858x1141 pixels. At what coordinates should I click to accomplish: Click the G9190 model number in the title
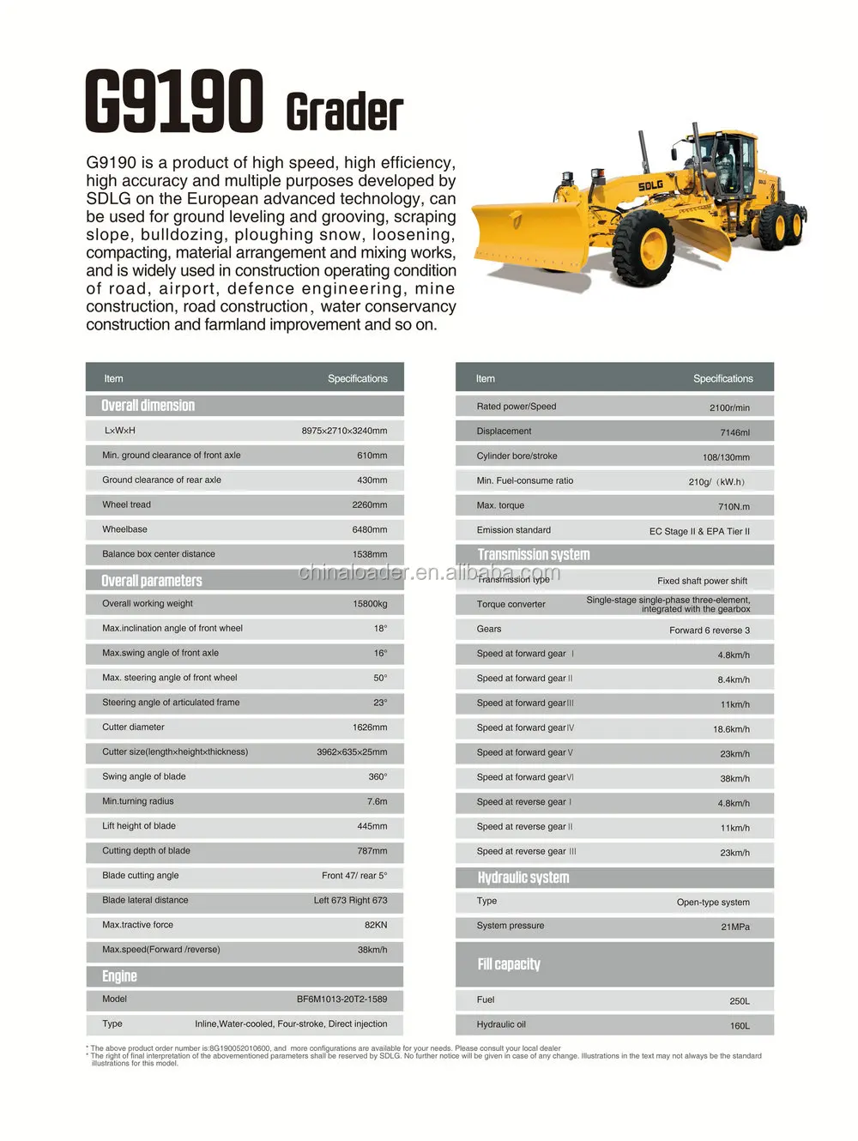click(x=173, y=102)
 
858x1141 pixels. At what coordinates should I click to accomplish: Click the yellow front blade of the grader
click(x=529, y=232)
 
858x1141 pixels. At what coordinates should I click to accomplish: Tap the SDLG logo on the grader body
click(x=650, y=185)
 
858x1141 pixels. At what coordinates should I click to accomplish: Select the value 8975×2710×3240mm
click(x=344, y=431)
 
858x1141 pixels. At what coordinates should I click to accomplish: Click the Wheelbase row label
click(x=124, y=529)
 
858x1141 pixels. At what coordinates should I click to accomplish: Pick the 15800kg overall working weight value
click(x=370, y=604)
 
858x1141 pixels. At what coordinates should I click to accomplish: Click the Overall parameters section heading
click(x=152, y=581)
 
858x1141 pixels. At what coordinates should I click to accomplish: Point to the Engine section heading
click(x=119, y=976)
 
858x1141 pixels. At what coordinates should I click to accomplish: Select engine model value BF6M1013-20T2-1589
click(x=341, y=999)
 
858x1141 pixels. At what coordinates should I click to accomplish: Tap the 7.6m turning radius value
click(x=377, y=801)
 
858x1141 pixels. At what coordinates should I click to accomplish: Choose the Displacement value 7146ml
click(x=734, y=432)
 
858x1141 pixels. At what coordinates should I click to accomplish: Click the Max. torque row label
click(x=500, y=505)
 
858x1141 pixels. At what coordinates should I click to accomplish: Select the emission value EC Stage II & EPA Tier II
click(x=699, y=532)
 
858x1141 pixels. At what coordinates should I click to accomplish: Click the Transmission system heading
click(x=534, y=555)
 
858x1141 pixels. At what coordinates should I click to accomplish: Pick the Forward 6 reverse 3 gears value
click(x=710, y=631)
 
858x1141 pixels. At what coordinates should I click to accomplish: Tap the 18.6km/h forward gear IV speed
click(x=731, y=729)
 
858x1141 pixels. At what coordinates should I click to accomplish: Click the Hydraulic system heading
click(x=523, y=878)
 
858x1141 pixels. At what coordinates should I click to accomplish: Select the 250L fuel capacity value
click(x=739, y=1001)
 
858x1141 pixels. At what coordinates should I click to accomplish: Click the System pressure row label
click(x=511, y=926)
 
